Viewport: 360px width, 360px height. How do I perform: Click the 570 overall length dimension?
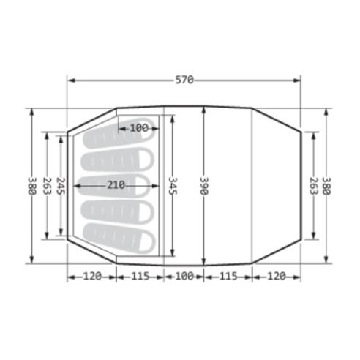click(x=184, y=80)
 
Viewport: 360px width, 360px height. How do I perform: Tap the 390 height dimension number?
click(x=204, y=186)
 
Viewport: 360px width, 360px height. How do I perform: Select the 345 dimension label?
click(x=173, y=186)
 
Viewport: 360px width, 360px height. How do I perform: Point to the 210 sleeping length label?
click(x=116, y=185)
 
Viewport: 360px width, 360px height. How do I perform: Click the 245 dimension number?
click(x=61, y=186)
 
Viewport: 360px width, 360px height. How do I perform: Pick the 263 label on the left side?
click(x=47, y=186)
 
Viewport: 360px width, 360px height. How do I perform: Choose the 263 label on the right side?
click(x=314, y=186)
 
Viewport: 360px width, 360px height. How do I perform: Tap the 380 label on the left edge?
click(x=32, y=186)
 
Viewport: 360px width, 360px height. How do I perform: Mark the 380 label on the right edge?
click(x=327, y=186)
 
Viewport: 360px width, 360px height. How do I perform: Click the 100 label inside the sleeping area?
click(x=139, y=128)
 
